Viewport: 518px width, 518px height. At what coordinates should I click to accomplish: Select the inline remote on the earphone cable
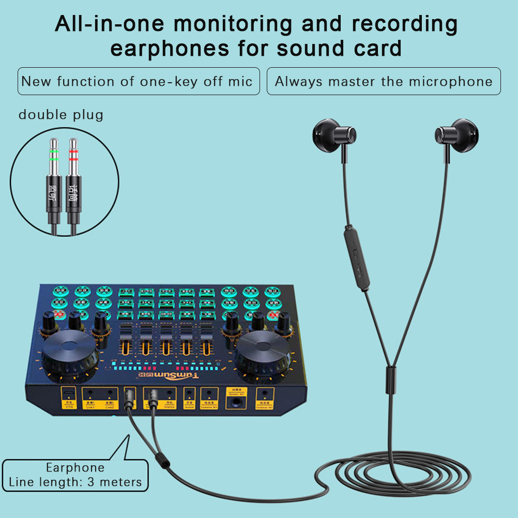356,256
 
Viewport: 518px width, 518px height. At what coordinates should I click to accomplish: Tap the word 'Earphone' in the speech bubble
75,468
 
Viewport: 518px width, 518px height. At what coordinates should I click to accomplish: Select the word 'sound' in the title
310,49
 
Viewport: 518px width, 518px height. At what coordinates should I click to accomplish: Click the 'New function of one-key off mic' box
139,81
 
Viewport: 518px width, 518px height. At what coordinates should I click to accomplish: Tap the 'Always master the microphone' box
384,81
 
